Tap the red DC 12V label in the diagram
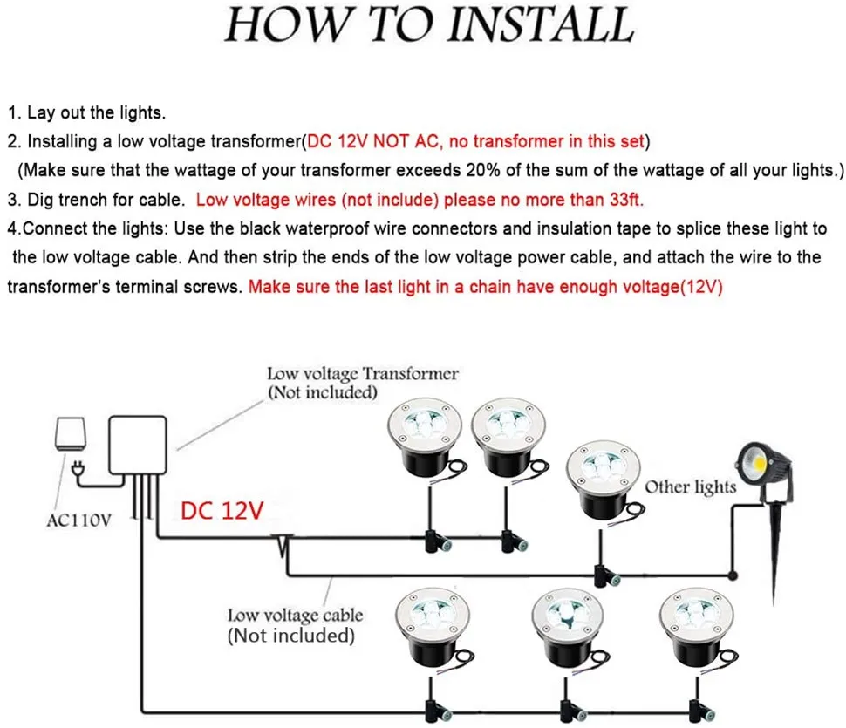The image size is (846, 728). (x=222, y=510)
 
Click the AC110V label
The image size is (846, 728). (x=78, y=520)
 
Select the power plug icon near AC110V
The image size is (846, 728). (x=78, y=470)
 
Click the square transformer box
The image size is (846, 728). (x=138, y=445)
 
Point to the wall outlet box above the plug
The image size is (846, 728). (x=70, y=433)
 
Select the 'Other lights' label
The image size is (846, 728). (x=691, y=486)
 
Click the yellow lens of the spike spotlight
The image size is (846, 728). (x=759, y=463)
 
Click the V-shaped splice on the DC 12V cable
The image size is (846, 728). (x=283, y=546)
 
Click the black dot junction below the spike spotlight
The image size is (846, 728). (x=733, y=575)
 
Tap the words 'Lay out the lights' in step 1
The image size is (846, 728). (x=95, y=112)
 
